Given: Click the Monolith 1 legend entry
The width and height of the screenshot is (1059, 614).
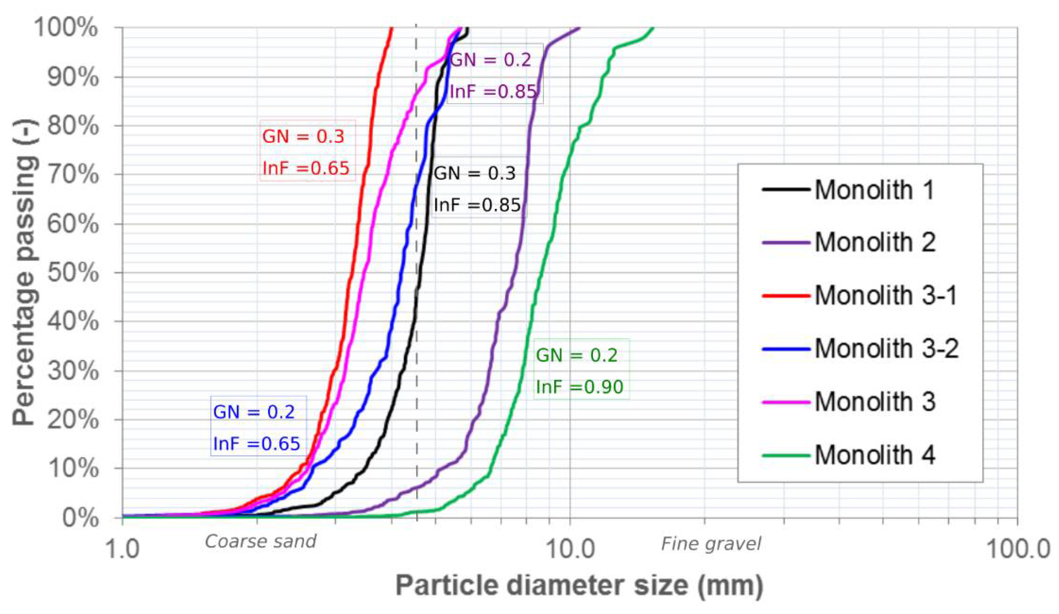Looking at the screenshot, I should tap(874, 190).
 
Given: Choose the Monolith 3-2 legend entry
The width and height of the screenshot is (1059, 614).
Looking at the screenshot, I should tap(887, 348).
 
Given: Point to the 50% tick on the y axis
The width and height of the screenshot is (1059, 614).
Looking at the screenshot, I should tap(72, 273).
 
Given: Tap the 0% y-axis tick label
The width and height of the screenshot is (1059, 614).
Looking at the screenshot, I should tap(80, 518).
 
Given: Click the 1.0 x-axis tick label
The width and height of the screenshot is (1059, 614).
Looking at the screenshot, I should tap(122, 549).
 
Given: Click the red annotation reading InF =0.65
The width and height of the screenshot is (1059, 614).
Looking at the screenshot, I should tap(306, 168).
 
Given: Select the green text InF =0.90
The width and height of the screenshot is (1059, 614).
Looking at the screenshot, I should tap(580, 386).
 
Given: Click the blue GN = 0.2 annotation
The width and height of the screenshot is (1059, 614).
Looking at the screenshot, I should tap(254, 412).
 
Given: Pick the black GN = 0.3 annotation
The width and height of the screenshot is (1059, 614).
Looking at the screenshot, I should tap(474, 173).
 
